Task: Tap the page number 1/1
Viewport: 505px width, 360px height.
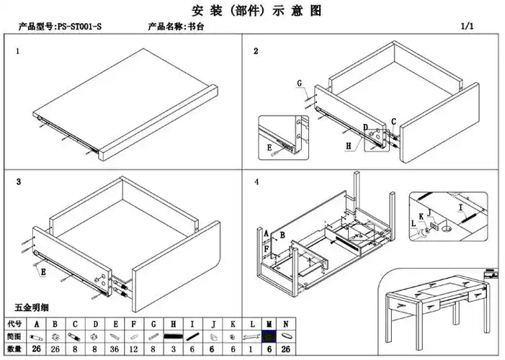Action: point(468,27)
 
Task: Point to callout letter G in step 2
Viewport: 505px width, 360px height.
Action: point(299,84)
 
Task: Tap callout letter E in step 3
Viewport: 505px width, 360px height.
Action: point(43,273)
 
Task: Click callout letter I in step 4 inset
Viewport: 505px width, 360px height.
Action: point(460,207)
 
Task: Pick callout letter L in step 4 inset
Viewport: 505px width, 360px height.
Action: point(414,223)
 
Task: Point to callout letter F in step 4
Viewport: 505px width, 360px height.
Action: point(267,248)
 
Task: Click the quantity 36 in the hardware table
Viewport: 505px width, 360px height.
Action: point(114,348)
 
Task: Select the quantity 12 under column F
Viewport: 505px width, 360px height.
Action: point(133,348)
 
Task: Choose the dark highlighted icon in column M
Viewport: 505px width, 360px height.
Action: point(269,336)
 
